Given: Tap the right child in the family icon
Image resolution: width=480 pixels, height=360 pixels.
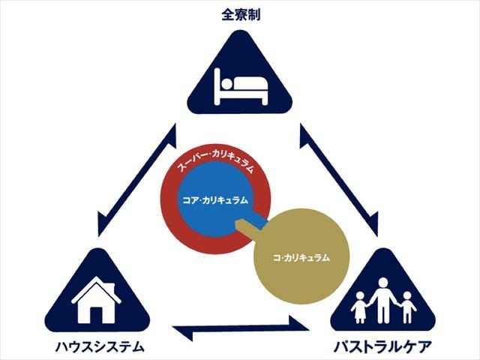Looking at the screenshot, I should pos(408,306).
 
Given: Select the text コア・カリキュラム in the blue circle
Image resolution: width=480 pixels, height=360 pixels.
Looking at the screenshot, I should pos(215,200).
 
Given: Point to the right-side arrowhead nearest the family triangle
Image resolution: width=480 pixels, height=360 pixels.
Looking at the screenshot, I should pos(372,223).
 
